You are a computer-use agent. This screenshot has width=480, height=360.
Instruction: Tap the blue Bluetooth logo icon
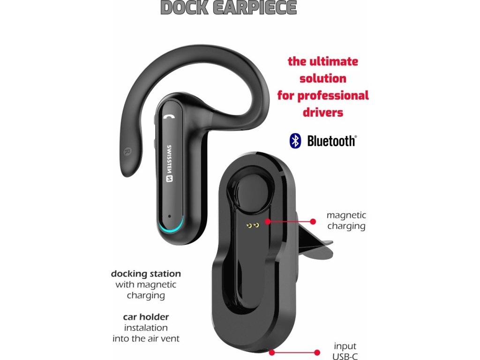click(295, 141)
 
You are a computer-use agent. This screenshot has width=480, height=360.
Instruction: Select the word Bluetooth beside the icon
click(331, 141)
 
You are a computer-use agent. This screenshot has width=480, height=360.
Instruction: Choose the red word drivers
click(323, 112)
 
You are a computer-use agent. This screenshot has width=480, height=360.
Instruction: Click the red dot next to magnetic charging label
click(314, 220)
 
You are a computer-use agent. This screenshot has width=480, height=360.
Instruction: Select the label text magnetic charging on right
click(346, 221)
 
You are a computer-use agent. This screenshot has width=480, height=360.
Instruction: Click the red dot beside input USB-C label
click(317, 352)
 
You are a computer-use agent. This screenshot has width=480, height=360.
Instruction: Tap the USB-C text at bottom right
click(345, 356)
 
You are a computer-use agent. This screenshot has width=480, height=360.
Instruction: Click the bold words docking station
click(146, 274)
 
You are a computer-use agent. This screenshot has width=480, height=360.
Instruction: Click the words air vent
click(165, 338)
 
